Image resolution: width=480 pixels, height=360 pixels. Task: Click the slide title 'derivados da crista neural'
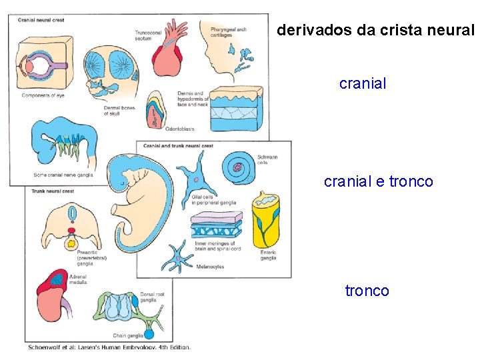pyautogui.click(x=375, y=30)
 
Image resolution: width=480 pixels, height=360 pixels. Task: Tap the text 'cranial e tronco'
pyautogui.click(x=378, y=181)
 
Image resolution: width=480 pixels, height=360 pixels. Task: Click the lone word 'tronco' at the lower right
pyautogui.click(x=367, y=291)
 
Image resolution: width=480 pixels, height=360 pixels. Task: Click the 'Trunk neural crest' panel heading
pyautogui.click(x=52, y=191)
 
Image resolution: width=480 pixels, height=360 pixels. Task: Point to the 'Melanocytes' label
pyautogui.click(x=210, y=267)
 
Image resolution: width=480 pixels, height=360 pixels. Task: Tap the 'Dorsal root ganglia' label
pyautogui.click(x=152, y=297)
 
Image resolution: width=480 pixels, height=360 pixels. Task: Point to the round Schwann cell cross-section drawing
pyautogui.click(x=237, y=167)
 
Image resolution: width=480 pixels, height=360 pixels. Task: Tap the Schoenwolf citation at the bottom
pyautogui.click(x=109, y=347)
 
